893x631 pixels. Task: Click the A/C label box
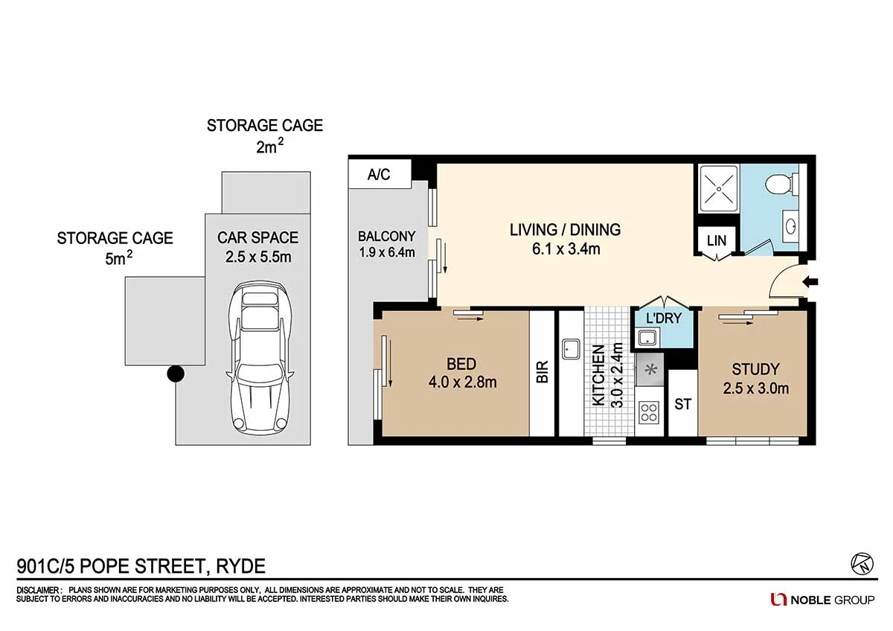[379, 176]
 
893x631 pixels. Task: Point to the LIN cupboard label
[716, 241]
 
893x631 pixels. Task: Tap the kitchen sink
[572, 348]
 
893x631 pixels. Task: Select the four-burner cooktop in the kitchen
[648, 411]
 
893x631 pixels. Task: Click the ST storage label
[682, 404]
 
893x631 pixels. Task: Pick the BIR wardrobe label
[542, 372]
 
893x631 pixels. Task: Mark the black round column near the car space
[175, 374]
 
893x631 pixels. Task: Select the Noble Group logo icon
[778, 599]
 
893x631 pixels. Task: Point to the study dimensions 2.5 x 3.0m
[755, 388]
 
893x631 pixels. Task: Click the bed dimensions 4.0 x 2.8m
[461, 382]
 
